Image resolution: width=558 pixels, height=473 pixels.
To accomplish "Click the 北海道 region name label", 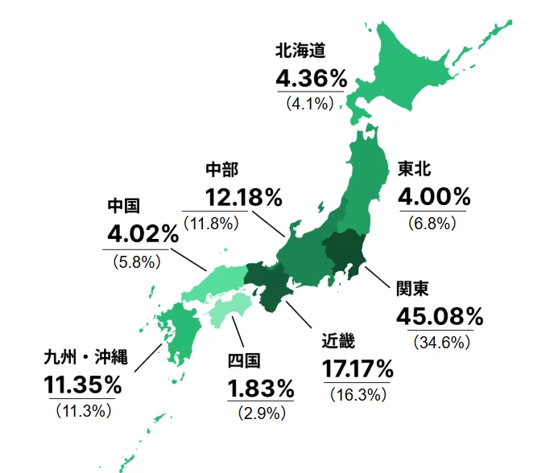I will tap(300, 51).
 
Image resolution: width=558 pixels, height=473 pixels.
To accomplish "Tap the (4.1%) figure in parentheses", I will tap(309, 103).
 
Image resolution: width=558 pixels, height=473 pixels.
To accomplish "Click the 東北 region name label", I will tap(415, 169).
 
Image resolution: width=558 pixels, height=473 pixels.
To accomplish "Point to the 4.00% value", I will tap(434, 196).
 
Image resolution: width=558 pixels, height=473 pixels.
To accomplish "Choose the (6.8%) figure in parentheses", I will tap(432, 221).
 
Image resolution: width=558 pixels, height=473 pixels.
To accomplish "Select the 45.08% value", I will tap(440, 316).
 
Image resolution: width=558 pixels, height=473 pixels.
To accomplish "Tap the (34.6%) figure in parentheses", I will tap(440, 342).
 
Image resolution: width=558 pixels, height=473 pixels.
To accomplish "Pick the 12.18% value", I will tap(243, 196).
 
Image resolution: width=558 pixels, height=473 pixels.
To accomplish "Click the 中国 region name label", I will tap(124, 207).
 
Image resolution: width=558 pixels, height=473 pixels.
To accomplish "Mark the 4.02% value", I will tap(143, 234).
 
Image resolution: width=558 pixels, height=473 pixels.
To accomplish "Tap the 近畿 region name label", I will tap(338, 342).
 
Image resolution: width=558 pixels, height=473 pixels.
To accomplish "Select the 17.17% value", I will tap(358, 369).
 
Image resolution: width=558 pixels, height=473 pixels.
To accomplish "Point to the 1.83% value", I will tap(261, 389).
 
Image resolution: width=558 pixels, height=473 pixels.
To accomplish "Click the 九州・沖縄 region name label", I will tap(85, 357).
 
